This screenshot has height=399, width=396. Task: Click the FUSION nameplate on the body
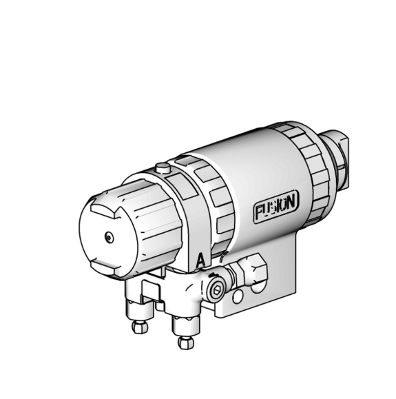[276, 206]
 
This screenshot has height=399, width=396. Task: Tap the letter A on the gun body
[200, 260]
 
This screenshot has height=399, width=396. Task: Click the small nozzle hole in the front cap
[109, 238]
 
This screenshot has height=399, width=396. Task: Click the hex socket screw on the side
[216, 290]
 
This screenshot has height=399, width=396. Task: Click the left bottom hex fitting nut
[140, 327]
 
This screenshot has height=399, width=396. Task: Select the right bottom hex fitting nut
[186, 342]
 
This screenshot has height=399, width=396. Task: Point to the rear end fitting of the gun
[335, 161]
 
